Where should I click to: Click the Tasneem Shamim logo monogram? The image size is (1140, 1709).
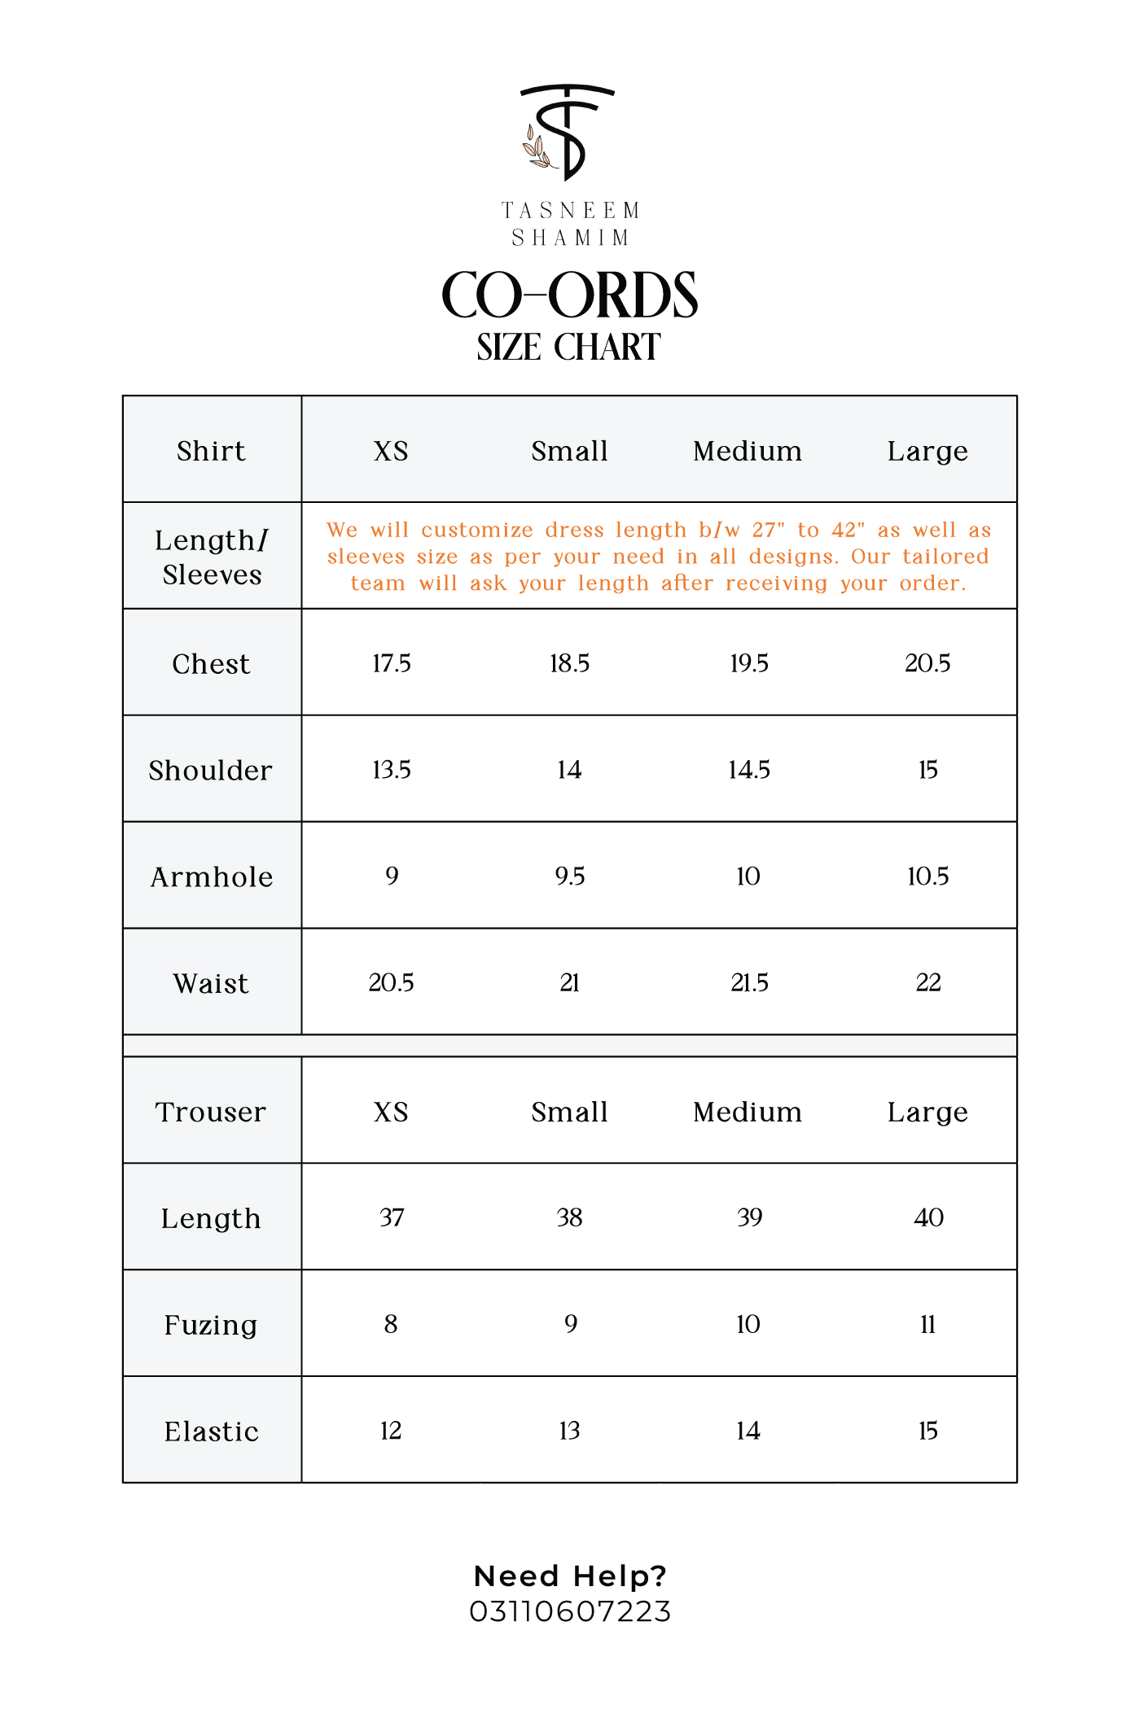(x=568, y=132)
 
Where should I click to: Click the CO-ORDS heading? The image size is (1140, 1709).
(x=569, y=295)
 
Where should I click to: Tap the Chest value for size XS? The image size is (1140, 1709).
(x=392, y=663)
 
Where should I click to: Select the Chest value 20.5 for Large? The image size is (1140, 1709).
(x=927, y=663)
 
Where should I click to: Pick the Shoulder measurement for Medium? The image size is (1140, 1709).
(x=749, y=770)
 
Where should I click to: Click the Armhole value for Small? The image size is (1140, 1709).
(x=570, y=876)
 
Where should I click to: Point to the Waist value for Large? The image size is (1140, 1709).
(x=928, y=983)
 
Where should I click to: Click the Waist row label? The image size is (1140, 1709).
(x=211, y=984)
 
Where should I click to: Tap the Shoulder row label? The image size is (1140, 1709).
(x=211, y=771)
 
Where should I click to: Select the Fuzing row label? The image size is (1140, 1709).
(x=211, y=1325)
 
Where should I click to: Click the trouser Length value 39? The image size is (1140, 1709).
(x=749, y=1217)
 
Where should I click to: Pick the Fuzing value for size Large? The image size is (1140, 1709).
(x=927, y=1325)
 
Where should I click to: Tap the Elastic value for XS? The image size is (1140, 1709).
(x=391, y=1431)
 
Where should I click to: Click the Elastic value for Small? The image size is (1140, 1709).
(x=570, y=1431)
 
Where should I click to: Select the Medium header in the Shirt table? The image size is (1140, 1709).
(x=748, y=451)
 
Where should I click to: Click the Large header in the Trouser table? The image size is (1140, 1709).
(x=927, y=1112)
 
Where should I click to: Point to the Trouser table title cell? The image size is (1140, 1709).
(x=211, y=1112)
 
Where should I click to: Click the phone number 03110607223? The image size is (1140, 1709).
(x=570, y=1611)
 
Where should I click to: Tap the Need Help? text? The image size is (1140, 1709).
(x=570, y=1576)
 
